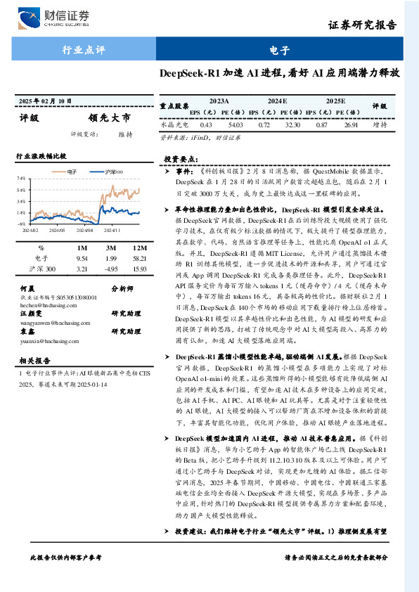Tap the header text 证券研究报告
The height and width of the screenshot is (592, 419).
[368, 27]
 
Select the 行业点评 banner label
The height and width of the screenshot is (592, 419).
[83, 50]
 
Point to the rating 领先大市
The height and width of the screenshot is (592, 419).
[109, 117]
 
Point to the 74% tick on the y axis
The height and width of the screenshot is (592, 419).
[22, 179]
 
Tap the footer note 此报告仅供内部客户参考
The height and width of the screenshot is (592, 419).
[66, 577]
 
